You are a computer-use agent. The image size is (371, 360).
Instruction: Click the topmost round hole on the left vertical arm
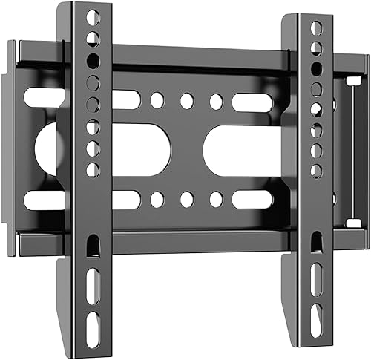pos(92,16)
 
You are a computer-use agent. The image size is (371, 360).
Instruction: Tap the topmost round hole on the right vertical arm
pos(317,28)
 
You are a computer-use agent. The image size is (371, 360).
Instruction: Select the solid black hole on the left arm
pos(93,60)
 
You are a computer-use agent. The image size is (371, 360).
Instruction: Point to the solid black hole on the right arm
pos(317,68)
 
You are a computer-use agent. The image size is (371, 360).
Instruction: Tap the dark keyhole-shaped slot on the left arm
pos(93,245)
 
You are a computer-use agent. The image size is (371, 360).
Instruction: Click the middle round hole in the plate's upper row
pos(186,101)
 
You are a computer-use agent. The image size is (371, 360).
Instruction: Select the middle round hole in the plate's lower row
pos(186,199)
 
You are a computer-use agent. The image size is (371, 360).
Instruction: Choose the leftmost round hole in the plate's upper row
pos(157,101)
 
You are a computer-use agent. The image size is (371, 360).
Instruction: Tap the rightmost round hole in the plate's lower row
pos(216,199)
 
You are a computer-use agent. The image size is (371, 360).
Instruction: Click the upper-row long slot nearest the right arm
pos(253,102)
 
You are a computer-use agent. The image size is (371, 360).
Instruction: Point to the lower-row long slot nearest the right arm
pos(253,199)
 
